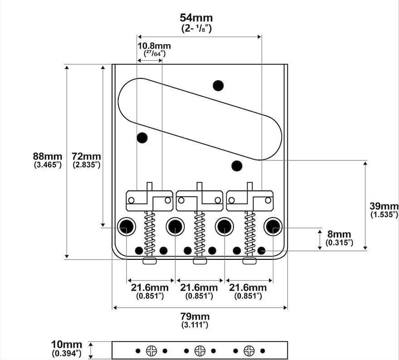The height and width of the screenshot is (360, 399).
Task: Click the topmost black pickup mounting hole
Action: coord(219,85)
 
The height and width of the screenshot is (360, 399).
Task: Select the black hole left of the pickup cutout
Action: coord(142,137)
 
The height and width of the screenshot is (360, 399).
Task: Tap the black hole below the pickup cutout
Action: coord(236,166)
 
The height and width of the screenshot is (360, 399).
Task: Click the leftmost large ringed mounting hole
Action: coord(126,226)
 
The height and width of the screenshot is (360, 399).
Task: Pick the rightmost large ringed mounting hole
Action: coord(273,226)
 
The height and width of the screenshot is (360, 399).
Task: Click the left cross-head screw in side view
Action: coord(151,350)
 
